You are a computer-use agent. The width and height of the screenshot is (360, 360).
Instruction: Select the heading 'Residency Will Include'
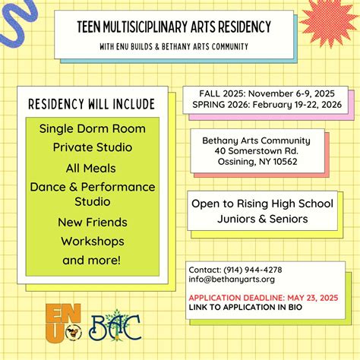tap(91, 104)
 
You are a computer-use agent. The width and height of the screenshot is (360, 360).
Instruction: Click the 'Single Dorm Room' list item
tap(93, 128)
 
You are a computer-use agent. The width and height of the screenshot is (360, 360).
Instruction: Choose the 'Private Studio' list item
tap(93, 147)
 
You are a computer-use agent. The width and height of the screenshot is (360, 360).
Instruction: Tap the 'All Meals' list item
tap(93, 168)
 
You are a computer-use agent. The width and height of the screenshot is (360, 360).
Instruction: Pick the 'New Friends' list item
tap(93, 223)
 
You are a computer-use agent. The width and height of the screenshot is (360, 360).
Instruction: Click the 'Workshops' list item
tap(93, 242)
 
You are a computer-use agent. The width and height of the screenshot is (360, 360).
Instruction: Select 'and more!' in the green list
tap(93, 261)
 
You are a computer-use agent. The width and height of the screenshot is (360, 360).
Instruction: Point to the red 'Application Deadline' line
tap(262, 297)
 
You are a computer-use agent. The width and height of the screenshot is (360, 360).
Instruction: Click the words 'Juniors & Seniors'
tap(263, 219)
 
